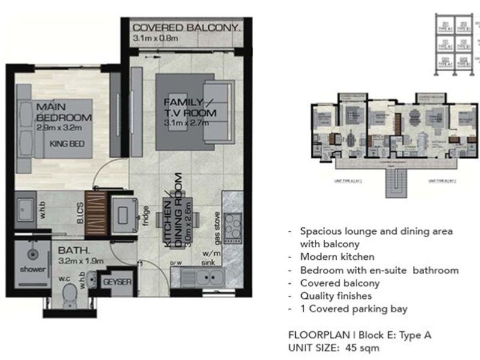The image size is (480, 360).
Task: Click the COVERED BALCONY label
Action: click(x=187, y=28)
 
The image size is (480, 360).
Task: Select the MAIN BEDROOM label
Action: click(x=63, y=112)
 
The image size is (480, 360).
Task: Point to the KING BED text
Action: click(x=66, y=143)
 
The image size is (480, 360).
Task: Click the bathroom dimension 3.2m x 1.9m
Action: click(x=82, y=261)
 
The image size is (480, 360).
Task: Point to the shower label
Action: click(x=28, y=268)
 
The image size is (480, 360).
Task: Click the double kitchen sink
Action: click(x=205, y=278)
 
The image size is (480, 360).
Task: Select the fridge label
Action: click(x=146, y=215)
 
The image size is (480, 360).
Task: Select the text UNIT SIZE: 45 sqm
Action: click(x=334, y=347)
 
